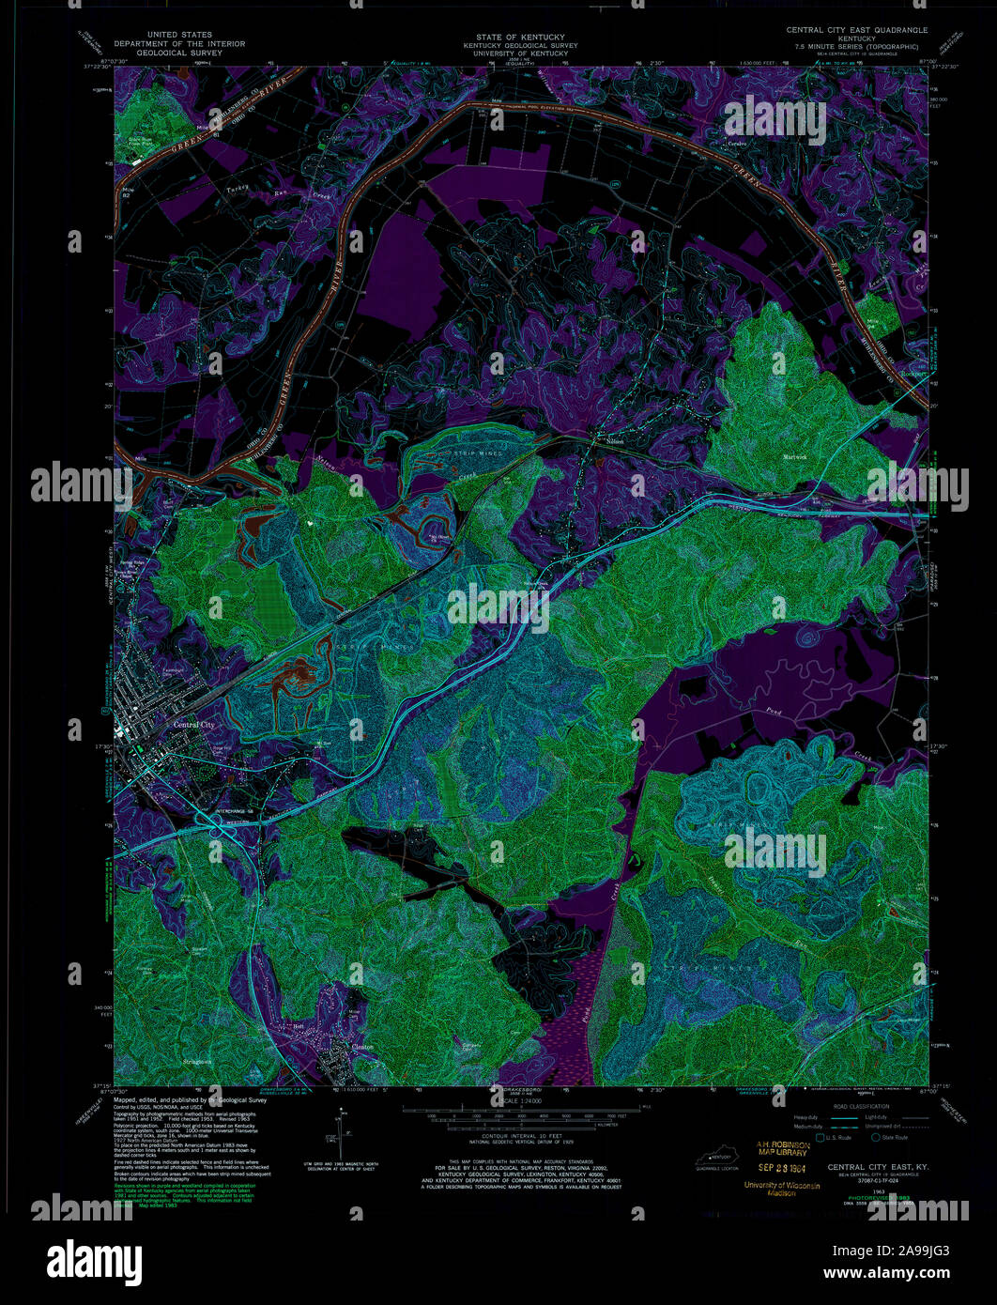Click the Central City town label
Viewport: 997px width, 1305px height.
pyautogui.click(x=193, y=725)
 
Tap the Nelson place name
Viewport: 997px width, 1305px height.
pyautogui.click(x=614, y=441)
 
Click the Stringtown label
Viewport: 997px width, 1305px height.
pyautogui.click(x=196, y=1062)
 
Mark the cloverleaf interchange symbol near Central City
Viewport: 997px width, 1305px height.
pyautogui.click(x=223, y=827)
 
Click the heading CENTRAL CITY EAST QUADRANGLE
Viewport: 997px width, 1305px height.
pyautogui.click(x=856, y=30)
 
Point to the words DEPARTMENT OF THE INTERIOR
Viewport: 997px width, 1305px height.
pyautogui.click(x=179, y=44)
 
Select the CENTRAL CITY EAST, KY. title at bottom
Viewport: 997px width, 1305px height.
pyautogui.click(x=873, y=1167)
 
